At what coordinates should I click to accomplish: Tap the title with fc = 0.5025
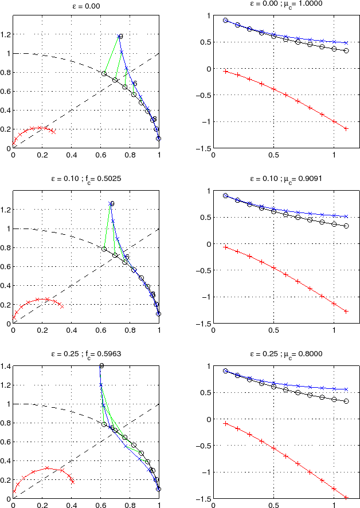click(x=86, y=178)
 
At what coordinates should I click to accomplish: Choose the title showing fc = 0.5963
click(x=86, y=353)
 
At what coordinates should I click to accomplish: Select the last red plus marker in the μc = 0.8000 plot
click(x=346, y=497)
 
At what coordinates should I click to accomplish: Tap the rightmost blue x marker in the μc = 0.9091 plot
click(x=346, y=216)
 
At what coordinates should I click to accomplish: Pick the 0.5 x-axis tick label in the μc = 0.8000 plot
click(x=273, y=505)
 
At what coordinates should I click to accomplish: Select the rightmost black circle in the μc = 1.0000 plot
click(x=346, y=50)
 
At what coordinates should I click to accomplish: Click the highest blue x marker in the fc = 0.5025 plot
click(x=110, y=204)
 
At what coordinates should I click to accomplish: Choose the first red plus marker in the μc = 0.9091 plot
click(x=225, y=247)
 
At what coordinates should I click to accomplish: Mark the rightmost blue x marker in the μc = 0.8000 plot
click(x=346, y=389)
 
